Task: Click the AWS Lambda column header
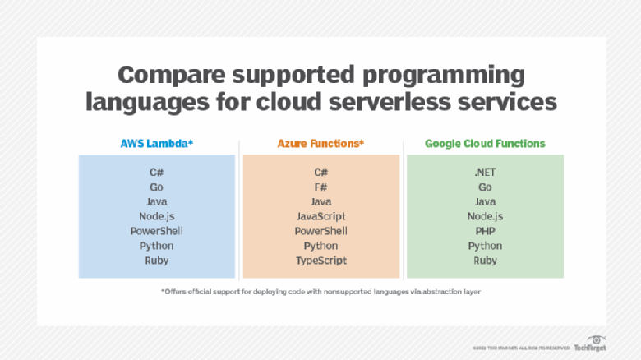(x=156, y=143)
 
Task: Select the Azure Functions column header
(x=320, y=143)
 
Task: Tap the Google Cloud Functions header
(x=485, y=143)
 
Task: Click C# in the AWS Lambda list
(x=156, y=173)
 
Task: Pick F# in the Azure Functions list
(x=320, y=187)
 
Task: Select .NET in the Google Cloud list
(x=485, y=173)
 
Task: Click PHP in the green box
(x=485, y=231)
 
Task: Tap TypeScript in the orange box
(x=320, y=261)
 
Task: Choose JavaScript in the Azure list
(x=320, y=216)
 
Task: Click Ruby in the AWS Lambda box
(x=156, y=261)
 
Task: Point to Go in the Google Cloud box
(x=485, y=187)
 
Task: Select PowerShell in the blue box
(x=156, y=231)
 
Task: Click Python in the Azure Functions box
(x=320, y=246)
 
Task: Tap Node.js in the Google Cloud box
(x=485, y=216)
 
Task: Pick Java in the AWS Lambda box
(x=156, y=201)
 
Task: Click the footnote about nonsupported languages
(x=320, y=293)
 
